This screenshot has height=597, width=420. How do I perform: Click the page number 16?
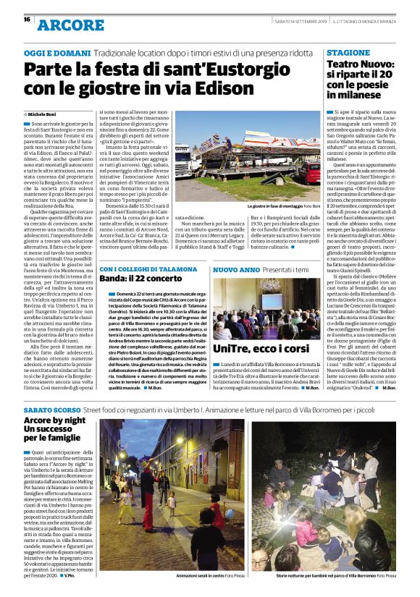(26, 20)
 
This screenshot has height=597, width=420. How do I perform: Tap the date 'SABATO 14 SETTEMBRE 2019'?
(300, 20)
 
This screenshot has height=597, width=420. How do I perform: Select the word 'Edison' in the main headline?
(197, 91)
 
